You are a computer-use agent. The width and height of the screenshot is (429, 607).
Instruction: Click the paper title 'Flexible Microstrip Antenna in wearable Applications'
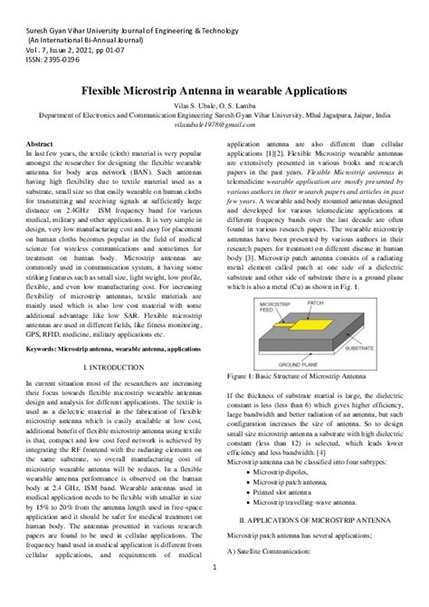coord(214,92)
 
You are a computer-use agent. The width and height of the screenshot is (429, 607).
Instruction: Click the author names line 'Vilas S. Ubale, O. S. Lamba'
coord(214,105)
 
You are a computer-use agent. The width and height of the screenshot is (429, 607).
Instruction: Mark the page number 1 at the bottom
coord(214,593)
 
